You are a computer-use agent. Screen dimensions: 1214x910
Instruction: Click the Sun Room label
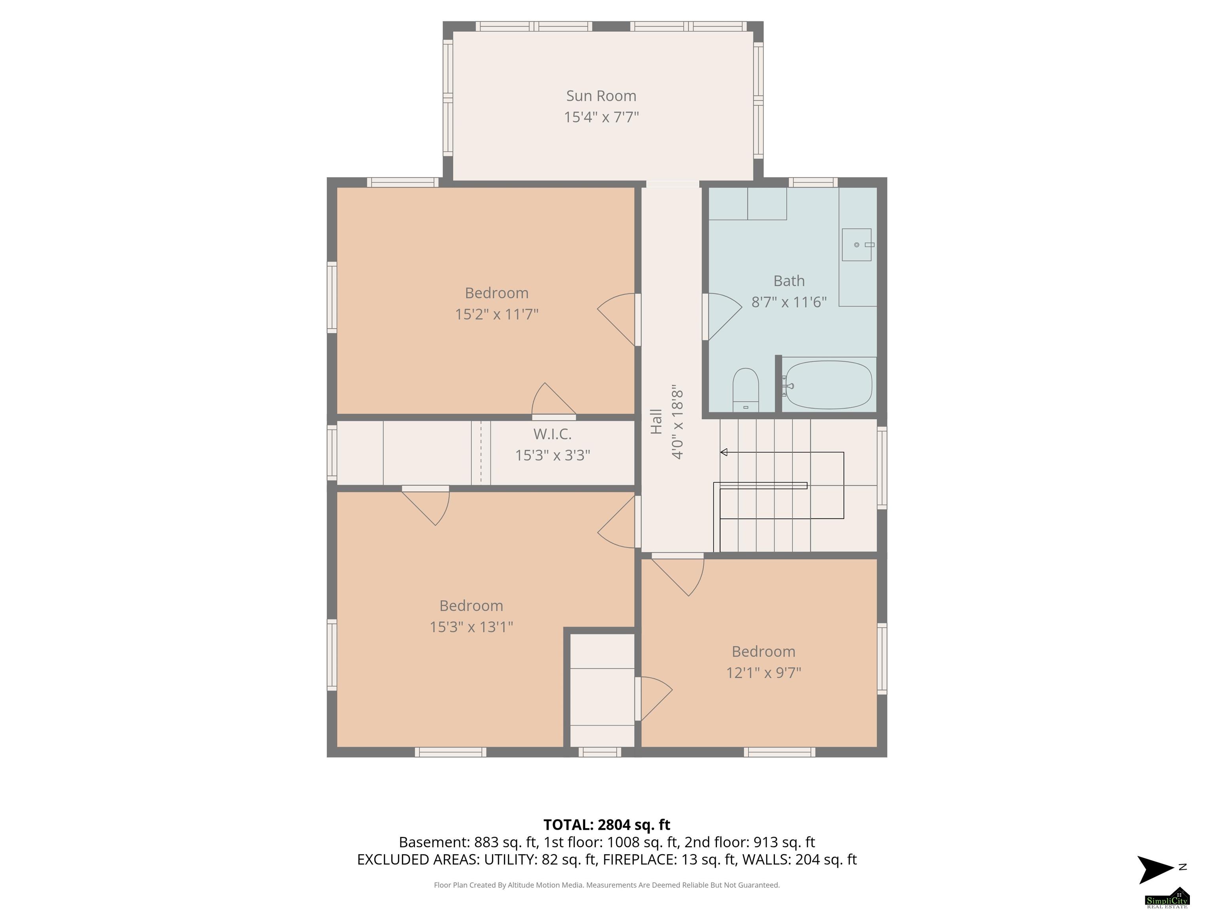click(x=601, y=96)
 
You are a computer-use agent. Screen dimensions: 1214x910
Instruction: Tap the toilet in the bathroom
click(x=746, y=389)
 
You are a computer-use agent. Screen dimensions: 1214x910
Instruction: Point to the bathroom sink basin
click(x=857, y=244)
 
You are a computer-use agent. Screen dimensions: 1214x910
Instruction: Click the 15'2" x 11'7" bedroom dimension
click(x=497, y=314)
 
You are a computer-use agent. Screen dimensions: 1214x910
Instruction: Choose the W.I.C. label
click(x=553, y=434)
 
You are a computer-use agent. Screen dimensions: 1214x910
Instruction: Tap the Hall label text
click(x=656, y=421)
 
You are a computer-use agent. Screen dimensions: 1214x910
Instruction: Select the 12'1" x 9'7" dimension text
click(x=763, y=673)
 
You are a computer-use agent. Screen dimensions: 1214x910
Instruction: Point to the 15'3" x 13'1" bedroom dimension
click(x=471, y=626)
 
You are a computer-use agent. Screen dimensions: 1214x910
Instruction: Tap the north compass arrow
click(x=1156, y=869)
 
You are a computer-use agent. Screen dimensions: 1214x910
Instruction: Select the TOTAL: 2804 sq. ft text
click(x=607, y=824)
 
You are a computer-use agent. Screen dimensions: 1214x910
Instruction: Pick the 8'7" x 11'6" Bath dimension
click(x=789, y=302)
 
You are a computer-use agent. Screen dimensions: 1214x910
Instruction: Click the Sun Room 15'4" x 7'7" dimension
click(x=601, y=117)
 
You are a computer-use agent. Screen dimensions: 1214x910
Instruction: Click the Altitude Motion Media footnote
click(x=607, y=885)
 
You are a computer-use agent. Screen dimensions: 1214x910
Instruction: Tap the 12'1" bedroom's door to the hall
click(x=678, y=575)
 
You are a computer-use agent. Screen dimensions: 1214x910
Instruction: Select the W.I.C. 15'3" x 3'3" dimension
click(x=553, y=455)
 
